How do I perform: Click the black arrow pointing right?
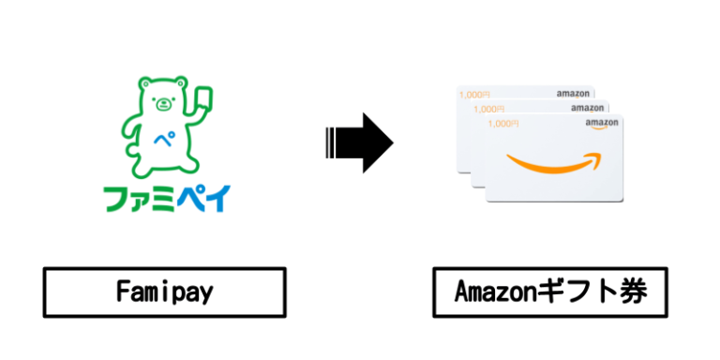coord(360,142)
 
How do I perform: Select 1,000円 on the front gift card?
coord(503,123)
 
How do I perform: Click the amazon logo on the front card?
coord(602,123)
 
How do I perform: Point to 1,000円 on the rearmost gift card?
coord(474,94)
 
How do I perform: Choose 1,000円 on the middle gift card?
coord(488,108)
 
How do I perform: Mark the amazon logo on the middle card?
coord(588,108)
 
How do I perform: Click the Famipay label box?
coord(165,292)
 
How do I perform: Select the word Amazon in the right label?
coord(495,292)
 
